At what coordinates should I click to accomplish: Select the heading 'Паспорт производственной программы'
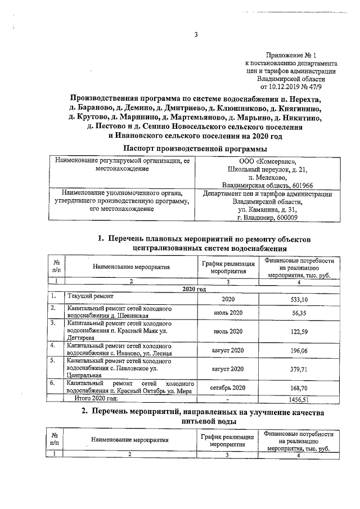coord(195,148)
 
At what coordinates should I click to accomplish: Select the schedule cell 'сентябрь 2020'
coord(228,388)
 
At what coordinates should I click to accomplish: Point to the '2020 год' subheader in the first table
coord(195,289)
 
